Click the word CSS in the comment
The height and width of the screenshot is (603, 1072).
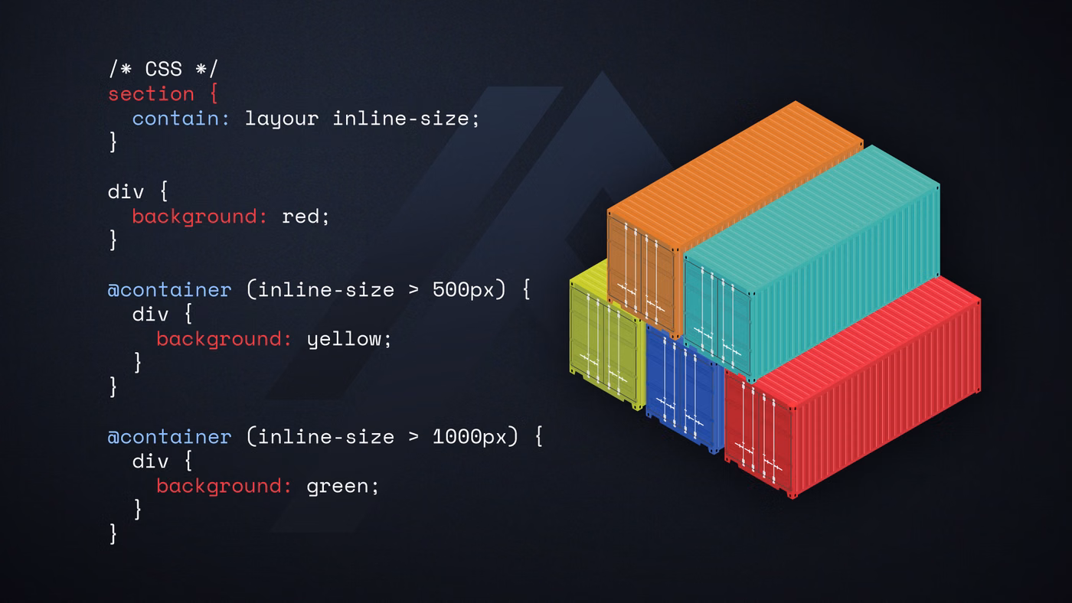164,70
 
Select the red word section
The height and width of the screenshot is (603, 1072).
152,93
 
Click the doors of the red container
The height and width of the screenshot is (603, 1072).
759,433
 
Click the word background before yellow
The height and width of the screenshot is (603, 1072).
224,340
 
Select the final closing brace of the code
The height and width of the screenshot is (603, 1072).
113,534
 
